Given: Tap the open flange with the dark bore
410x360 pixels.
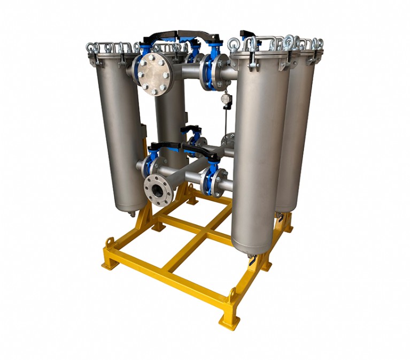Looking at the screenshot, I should click(158, 188).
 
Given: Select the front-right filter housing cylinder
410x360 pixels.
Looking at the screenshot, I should click(259, 155).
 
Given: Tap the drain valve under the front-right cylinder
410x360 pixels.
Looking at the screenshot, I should click(251, 261).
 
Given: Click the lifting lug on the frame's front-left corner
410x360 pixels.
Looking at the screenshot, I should click(109, 243).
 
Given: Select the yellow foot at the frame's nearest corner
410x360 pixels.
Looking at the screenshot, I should click(228, 320).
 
